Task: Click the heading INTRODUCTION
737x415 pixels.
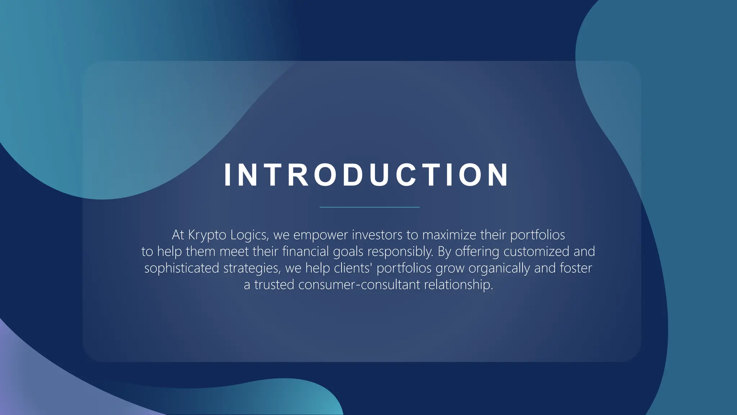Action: tap(366, 175)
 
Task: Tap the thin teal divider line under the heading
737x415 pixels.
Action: tap(370, 207)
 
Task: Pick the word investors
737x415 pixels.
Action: tap(377, 235)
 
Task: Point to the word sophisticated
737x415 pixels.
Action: tap(181, 268)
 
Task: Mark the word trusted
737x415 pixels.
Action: tap(274, 285)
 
